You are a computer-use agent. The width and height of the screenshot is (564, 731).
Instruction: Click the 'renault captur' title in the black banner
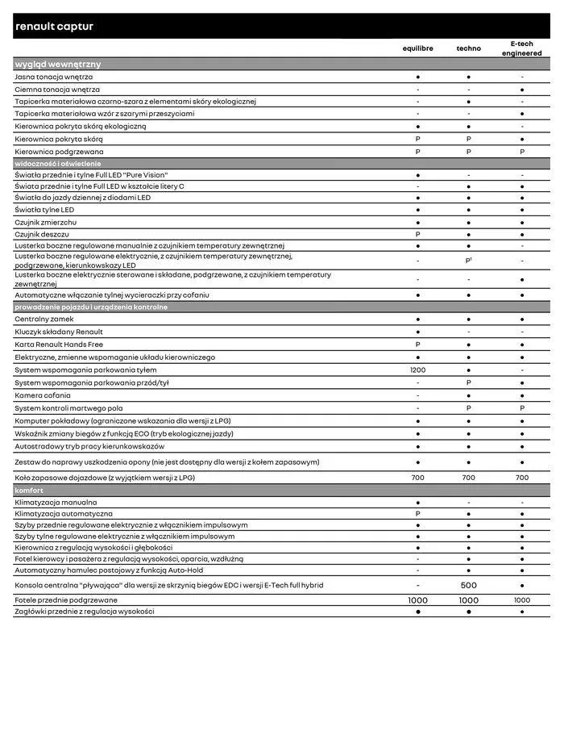[x=54, y=27]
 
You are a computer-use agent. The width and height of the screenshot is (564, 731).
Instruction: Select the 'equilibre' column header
[x=417, y=48]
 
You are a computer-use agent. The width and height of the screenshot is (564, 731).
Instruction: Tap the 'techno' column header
[x=468, y=48]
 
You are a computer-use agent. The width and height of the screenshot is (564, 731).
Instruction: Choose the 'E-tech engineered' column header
[x=522, y=48]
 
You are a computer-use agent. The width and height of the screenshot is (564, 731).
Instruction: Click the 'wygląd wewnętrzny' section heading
[x=57, y=64]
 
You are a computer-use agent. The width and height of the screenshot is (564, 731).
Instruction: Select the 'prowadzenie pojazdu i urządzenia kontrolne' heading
[x=91, y=307]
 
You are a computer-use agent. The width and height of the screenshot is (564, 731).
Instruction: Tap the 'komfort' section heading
[x=29, y=491]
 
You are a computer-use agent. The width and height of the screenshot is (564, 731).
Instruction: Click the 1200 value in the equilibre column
[x=417, y=370]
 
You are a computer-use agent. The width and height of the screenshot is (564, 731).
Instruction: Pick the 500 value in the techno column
[x=468, y=585]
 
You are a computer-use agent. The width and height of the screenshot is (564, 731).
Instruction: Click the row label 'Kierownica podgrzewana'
[x=59, y=152]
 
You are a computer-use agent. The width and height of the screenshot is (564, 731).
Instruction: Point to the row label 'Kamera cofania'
[x=43, y=395]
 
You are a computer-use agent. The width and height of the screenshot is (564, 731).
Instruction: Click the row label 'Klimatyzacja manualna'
[x=56, y=502]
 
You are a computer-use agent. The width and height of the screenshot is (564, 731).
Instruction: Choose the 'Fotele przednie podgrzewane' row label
[x=66, y=600]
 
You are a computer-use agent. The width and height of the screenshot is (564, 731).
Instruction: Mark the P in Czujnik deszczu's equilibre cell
[x=417, y=234]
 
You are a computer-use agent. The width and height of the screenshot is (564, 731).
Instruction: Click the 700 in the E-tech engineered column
[x=522, y=478]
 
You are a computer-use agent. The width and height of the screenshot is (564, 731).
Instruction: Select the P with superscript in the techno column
[x=468, y=261]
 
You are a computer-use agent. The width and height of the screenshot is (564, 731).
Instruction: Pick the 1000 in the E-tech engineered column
[x=522, y=600]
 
